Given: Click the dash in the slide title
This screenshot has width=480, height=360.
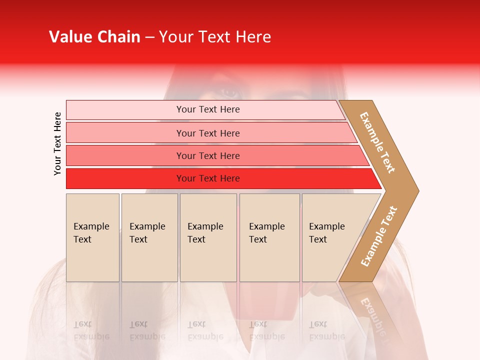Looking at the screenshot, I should click(x=149, y=37).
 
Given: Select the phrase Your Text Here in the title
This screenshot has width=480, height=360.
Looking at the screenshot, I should click(x=215, y=37).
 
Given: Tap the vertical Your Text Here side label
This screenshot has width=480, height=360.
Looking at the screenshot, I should click(x=57, y=143).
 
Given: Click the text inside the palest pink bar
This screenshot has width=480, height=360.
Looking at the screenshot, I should click(x=208, y=109).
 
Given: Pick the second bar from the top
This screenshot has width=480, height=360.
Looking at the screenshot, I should click(x=208, y=133).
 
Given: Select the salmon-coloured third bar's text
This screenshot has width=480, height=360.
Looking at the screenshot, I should click(x=208, y=155).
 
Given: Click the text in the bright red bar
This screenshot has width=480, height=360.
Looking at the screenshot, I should click(x=208, y=178).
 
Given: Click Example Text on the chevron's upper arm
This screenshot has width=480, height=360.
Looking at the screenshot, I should click(x=377, y=142).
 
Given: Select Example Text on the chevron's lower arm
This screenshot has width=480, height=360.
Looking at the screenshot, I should click(x=378, y=236).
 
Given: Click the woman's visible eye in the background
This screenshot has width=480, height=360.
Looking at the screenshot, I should click(x=230, y=92).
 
